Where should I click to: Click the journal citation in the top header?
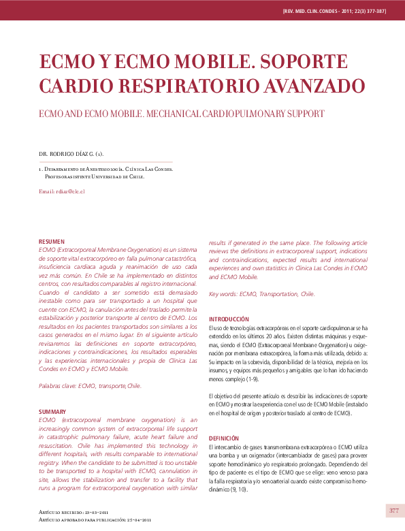334,12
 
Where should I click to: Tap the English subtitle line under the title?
181,113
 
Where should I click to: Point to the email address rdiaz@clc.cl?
62,191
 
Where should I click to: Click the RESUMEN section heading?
52,242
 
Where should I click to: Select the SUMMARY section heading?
52,412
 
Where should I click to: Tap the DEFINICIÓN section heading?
224,438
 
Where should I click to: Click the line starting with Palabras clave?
90,386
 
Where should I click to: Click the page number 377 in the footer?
394,511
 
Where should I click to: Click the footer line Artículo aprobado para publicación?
95,520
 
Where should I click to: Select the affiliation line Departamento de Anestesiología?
106,168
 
